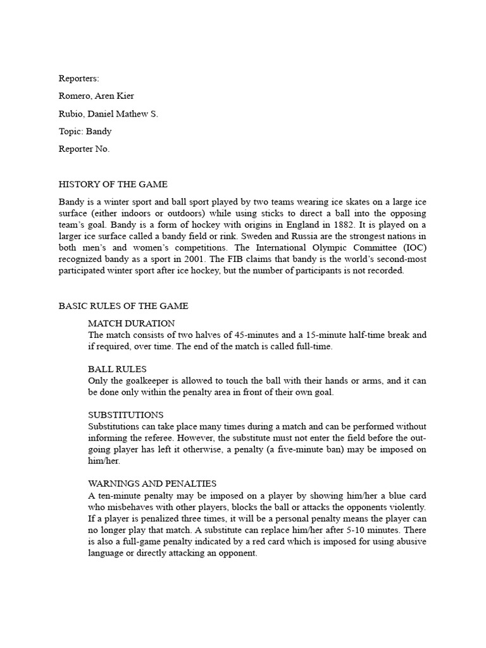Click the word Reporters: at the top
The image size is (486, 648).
tap(79, 78)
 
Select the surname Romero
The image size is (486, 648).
tap(75, 96)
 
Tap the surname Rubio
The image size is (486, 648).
tap(72, 114)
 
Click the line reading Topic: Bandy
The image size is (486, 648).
tap(85, 132)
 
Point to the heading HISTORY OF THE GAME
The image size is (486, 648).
tap(113, 185)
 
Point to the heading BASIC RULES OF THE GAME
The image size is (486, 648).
tap(123, 306)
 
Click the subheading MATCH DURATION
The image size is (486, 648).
tap(131, 323)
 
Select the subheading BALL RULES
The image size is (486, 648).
tap(117, 369)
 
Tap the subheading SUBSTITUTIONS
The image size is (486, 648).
tap(126, 414)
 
